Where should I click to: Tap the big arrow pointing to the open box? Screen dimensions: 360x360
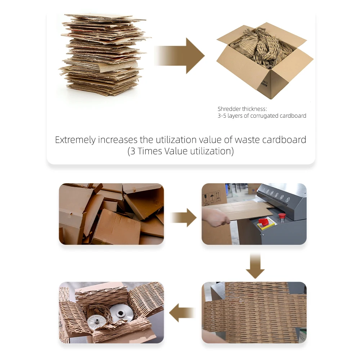pos(180,56)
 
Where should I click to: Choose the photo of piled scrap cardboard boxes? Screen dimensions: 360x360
pos(111,214)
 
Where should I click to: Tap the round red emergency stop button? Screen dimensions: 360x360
pos(282,216)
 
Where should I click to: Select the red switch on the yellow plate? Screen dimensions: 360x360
pos(264,221)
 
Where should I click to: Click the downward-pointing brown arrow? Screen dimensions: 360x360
pos(255,266)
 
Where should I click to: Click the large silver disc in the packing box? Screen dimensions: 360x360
pos(119,313)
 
